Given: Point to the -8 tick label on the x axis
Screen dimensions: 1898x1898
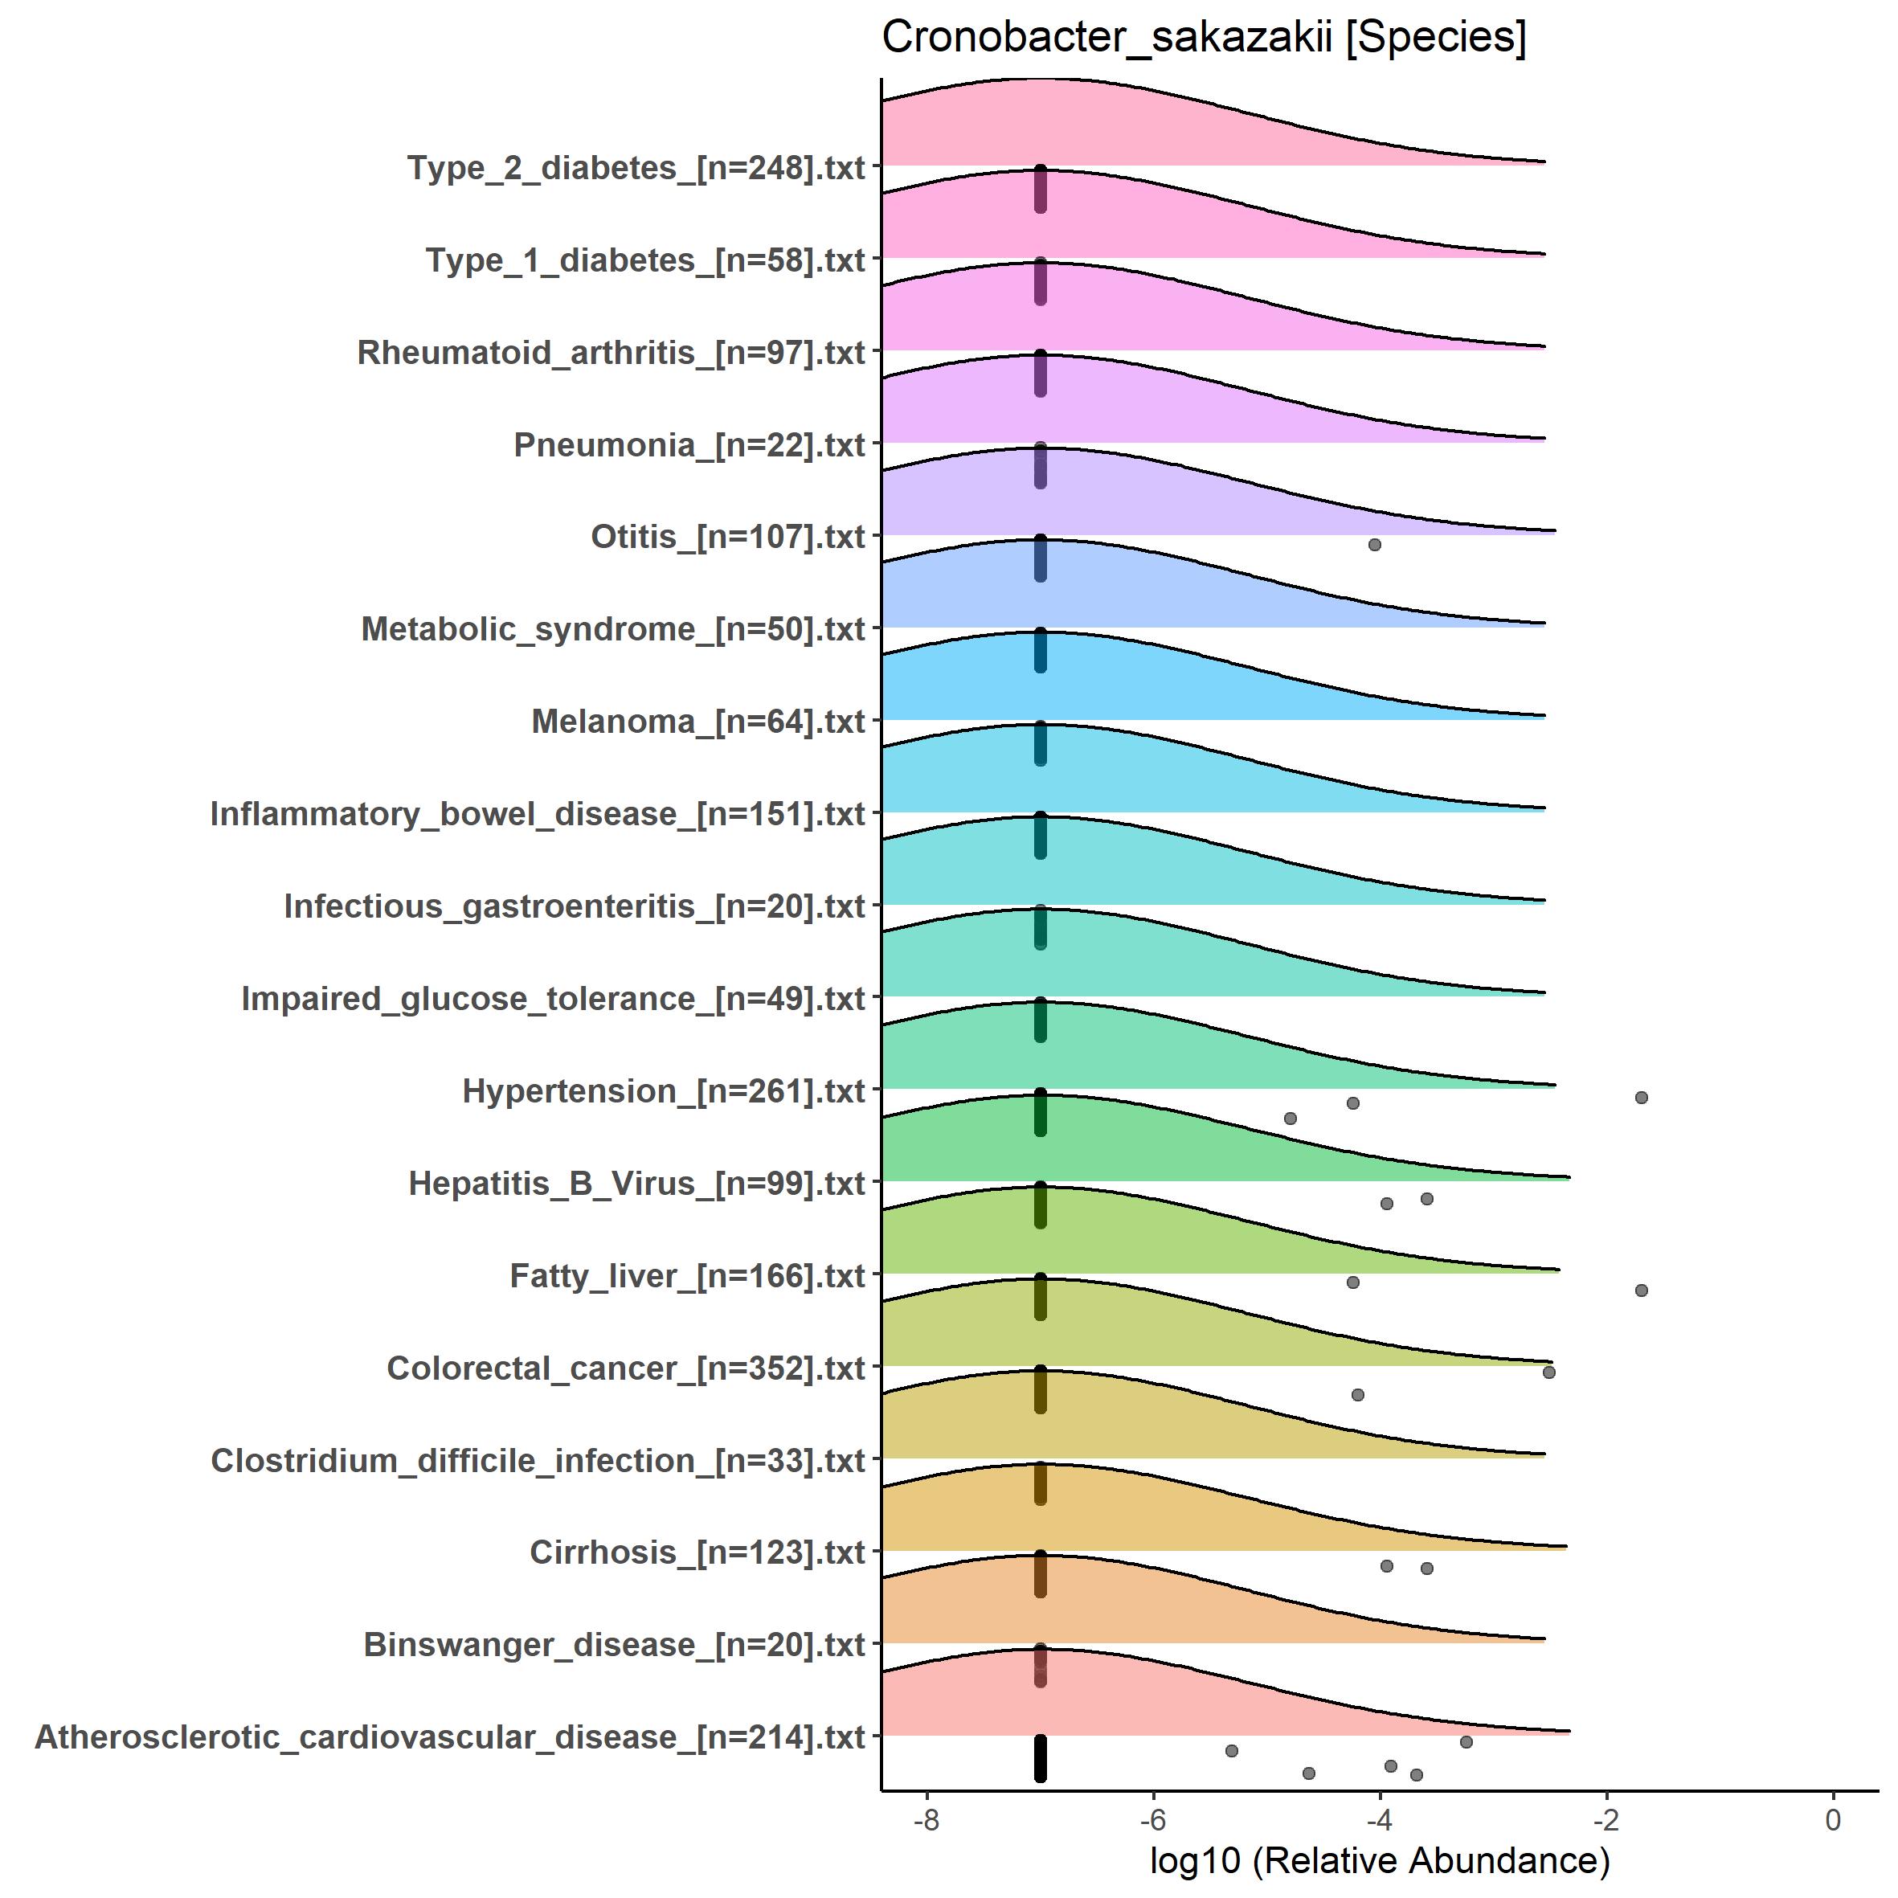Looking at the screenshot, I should [926, 1820].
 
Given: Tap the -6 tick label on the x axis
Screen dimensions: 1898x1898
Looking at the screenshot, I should [1152, 1820].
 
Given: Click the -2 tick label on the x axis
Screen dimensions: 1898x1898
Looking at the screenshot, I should [1606, 1820].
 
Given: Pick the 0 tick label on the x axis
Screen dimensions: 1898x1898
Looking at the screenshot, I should [1832, 1820].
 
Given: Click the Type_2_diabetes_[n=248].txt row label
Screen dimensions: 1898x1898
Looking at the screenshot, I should [636, 168].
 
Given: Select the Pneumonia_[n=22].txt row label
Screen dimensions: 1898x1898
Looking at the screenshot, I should [689, 445].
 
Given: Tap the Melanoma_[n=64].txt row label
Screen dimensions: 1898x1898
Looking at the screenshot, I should [697, 722].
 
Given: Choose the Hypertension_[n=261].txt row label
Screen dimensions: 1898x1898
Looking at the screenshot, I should [663, 1091].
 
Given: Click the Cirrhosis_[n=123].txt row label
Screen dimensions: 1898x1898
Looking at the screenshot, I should [697, 1552].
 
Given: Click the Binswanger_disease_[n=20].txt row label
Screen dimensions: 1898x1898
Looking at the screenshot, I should [614, 1645].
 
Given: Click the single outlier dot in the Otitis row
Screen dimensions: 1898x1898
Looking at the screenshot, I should [1374, 544].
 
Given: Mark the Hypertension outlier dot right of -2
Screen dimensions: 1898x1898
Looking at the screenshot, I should [1641, 1098].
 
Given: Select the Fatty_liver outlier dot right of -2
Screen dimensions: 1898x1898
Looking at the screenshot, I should [1641, 1290].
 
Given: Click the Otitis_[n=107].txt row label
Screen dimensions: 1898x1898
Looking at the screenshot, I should [727, 538].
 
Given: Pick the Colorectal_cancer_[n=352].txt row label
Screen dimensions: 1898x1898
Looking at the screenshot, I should [626, 1368].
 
